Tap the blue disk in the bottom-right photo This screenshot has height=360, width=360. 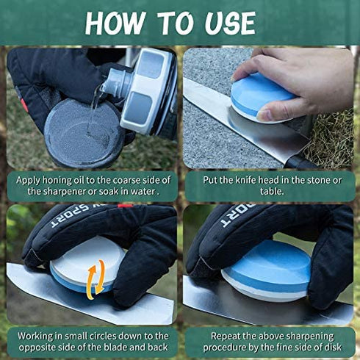(x=267, y=269)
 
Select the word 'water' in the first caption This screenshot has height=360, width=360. (x=137, y=192)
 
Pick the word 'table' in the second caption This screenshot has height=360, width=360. (x=269, y=192)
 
